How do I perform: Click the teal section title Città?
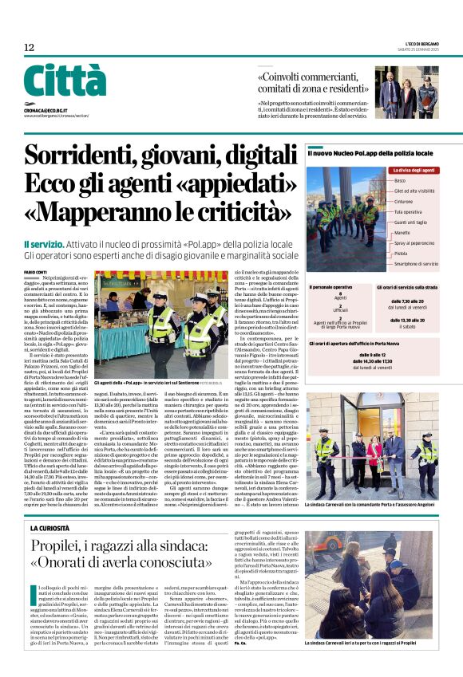click(x=65, y=81)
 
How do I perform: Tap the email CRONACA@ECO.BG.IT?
click(x=46, y=110)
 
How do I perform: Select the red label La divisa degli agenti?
click(x=413, y=171)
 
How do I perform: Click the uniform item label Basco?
click(x=399, y=181)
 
